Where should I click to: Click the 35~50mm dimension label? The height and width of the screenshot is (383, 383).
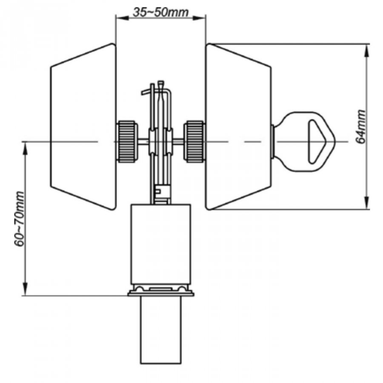[161, 12]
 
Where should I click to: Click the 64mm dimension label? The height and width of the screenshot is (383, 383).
[360, 127]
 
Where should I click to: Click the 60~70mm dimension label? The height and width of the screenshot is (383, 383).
[20, 219]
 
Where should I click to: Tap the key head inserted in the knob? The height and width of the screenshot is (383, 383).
[305, 142]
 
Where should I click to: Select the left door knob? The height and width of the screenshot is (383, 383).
[83, 126]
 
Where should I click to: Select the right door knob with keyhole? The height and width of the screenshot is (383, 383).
[238, 126]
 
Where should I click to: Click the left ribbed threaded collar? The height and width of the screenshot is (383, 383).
[126, 141]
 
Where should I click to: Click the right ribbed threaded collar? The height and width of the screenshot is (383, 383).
[194, 141]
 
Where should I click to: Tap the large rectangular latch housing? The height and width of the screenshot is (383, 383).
[161, 244]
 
